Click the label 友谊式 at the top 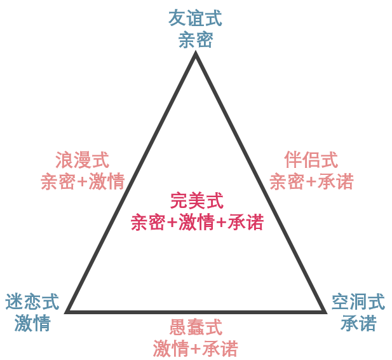[195, 18]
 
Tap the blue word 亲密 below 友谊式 [195, 40]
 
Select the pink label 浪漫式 [82, 160]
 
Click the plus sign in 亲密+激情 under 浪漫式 [82, 182]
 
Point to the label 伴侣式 [311, 160]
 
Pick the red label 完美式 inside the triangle [197, 201]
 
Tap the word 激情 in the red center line [197, 223]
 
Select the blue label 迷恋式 [32, 301]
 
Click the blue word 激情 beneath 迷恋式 [32, 323]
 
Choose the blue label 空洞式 [358, 301]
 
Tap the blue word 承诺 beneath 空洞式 [358, 323]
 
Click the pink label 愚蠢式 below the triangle [196, 328]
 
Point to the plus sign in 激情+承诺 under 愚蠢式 [196, 349]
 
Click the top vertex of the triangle [196, 55]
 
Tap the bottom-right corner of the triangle [324, 311]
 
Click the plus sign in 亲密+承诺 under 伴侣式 [311, 182]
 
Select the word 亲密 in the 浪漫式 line [58, 182]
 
